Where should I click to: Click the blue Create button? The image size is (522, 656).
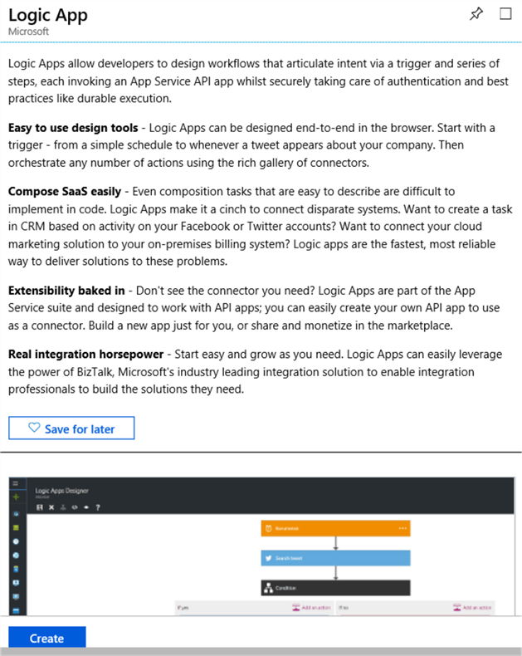(x=46, y=638)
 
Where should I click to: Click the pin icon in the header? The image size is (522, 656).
(x=476, y=14)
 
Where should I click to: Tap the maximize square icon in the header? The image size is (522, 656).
(x=505, y=14)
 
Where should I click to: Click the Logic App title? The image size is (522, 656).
(x=48, y=15)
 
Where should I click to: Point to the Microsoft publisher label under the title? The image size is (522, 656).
(x=28, y=32)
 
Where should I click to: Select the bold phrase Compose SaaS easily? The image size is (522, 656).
(x=64, y=191)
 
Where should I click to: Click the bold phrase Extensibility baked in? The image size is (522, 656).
(x=66, y=290)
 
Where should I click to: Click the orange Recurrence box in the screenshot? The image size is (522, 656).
(x=335, y=527)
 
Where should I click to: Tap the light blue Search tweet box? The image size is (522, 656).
(x=335, y=557)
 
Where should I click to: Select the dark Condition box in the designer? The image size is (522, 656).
(x=335, y=587)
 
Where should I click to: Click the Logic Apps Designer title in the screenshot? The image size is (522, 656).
(x=61, y=491)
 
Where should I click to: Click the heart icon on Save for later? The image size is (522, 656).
(x=34, y=428)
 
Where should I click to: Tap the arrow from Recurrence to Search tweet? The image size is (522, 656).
(x=335, y=542)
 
